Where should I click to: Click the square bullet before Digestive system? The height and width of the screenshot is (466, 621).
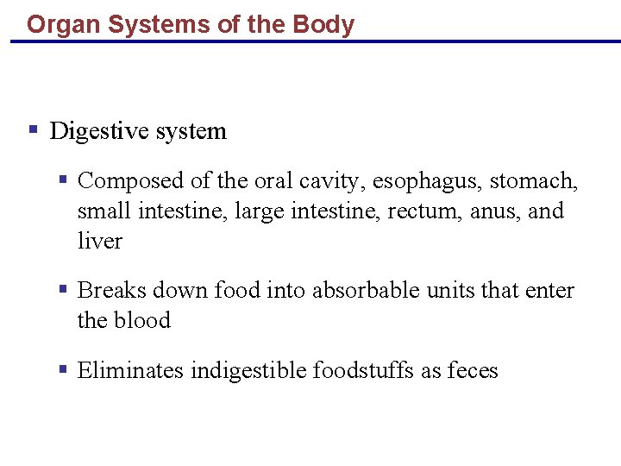(33, 130)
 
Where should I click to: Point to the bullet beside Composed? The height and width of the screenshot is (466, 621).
(63, 179)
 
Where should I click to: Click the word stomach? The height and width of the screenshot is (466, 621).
(534, 180)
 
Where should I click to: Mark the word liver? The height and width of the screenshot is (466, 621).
(99, 241)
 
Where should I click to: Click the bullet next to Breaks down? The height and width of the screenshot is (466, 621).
(63, 290)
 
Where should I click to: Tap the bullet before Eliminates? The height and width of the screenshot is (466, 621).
(63, 369)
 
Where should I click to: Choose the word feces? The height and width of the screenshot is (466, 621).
(473, 370)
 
